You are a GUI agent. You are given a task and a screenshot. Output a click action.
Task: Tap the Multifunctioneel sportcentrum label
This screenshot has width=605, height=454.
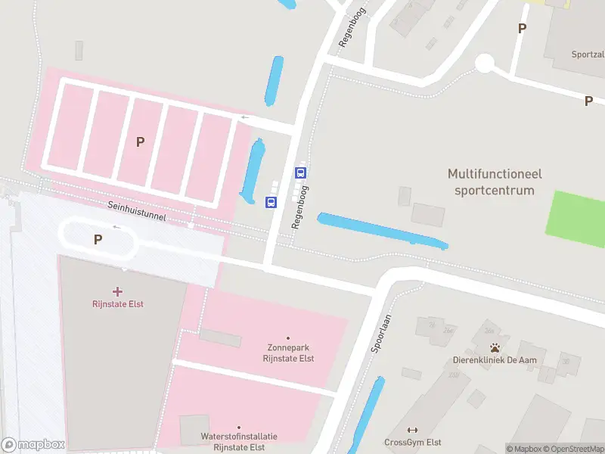495,182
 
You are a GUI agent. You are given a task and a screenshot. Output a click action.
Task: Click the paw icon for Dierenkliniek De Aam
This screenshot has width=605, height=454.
495,347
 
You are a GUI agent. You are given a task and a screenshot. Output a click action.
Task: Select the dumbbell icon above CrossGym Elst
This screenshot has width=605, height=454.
412,431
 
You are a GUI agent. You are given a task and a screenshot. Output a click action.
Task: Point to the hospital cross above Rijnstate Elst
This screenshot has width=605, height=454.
117,291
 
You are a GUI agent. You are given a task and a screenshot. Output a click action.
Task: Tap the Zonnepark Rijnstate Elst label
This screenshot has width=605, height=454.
287,353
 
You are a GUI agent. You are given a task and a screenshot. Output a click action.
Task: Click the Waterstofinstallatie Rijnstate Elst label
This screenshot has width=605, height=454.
239,441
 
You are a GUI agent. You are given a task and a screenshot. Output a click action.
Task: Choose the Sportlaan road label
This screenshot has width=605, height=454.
380,334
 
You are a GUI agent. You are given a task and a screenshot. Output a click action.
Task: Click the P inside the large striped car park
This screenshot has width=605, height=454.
140,141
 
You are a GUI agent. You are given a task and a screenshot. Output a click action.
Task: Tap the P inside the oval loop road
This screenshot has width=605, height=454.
98,239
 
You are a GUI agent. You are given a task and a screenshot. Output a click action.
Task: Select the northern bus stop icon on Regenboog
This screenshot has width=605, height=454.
300,173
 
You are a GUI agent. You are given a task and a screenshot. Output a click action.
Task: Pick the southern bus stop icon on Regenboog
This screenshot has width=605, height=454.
270,202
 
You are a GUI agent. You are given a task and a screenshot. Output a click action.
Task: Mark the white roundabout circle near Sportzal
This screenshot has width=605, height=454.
485,64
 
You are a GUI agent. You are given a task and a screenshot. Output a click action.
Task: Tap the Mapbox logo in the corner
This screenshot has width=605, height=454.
33,445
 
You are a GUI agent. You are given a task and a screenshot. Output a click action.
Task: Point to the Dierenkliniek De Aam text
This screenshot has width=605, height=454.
495,360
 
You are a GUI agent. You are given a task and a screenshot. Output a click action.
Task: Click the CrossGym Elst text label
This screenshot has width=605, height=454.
412,443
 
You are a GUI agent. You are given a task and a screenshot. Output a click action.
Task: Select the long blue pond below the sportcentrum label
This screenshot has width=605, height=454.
382,231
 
